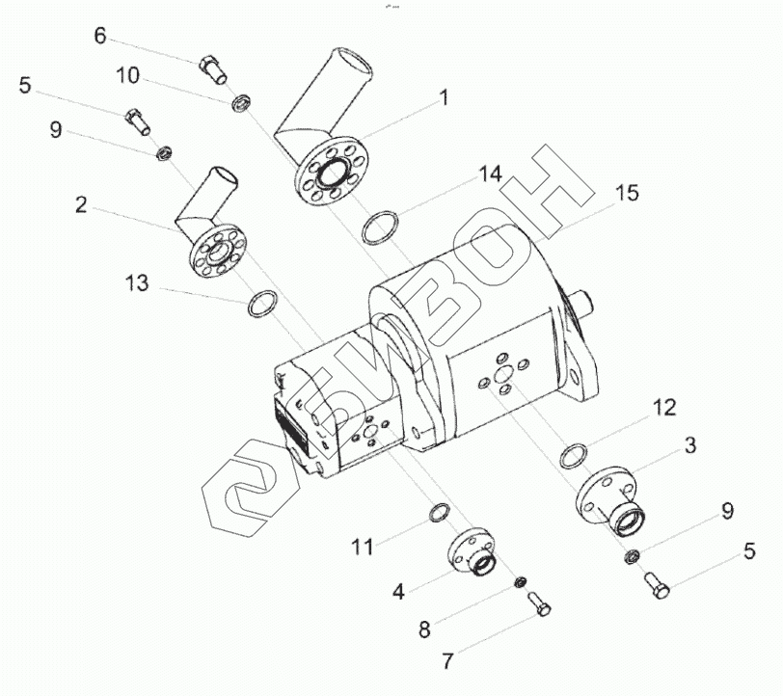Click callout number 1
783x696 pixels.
tap(444, 96)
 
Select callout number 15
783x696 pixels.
tap(626, 193)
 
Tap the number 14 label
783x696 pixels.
tap(490, 174)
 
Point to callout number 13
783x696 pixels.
tap(138, 282)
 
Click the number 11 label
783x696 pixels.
tap(362, 547)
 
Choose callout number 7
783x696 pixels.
tap(446, 662)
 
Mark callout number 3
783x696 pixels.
tap(690, 445)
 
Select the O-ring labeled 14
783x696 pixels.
tap(379, 229)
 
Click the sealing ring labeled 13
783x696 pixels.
tap(264, 306)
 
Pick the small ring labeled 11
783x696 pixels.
tap(438, 513)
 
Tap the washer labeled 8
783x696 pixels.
tap(519, 581)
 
